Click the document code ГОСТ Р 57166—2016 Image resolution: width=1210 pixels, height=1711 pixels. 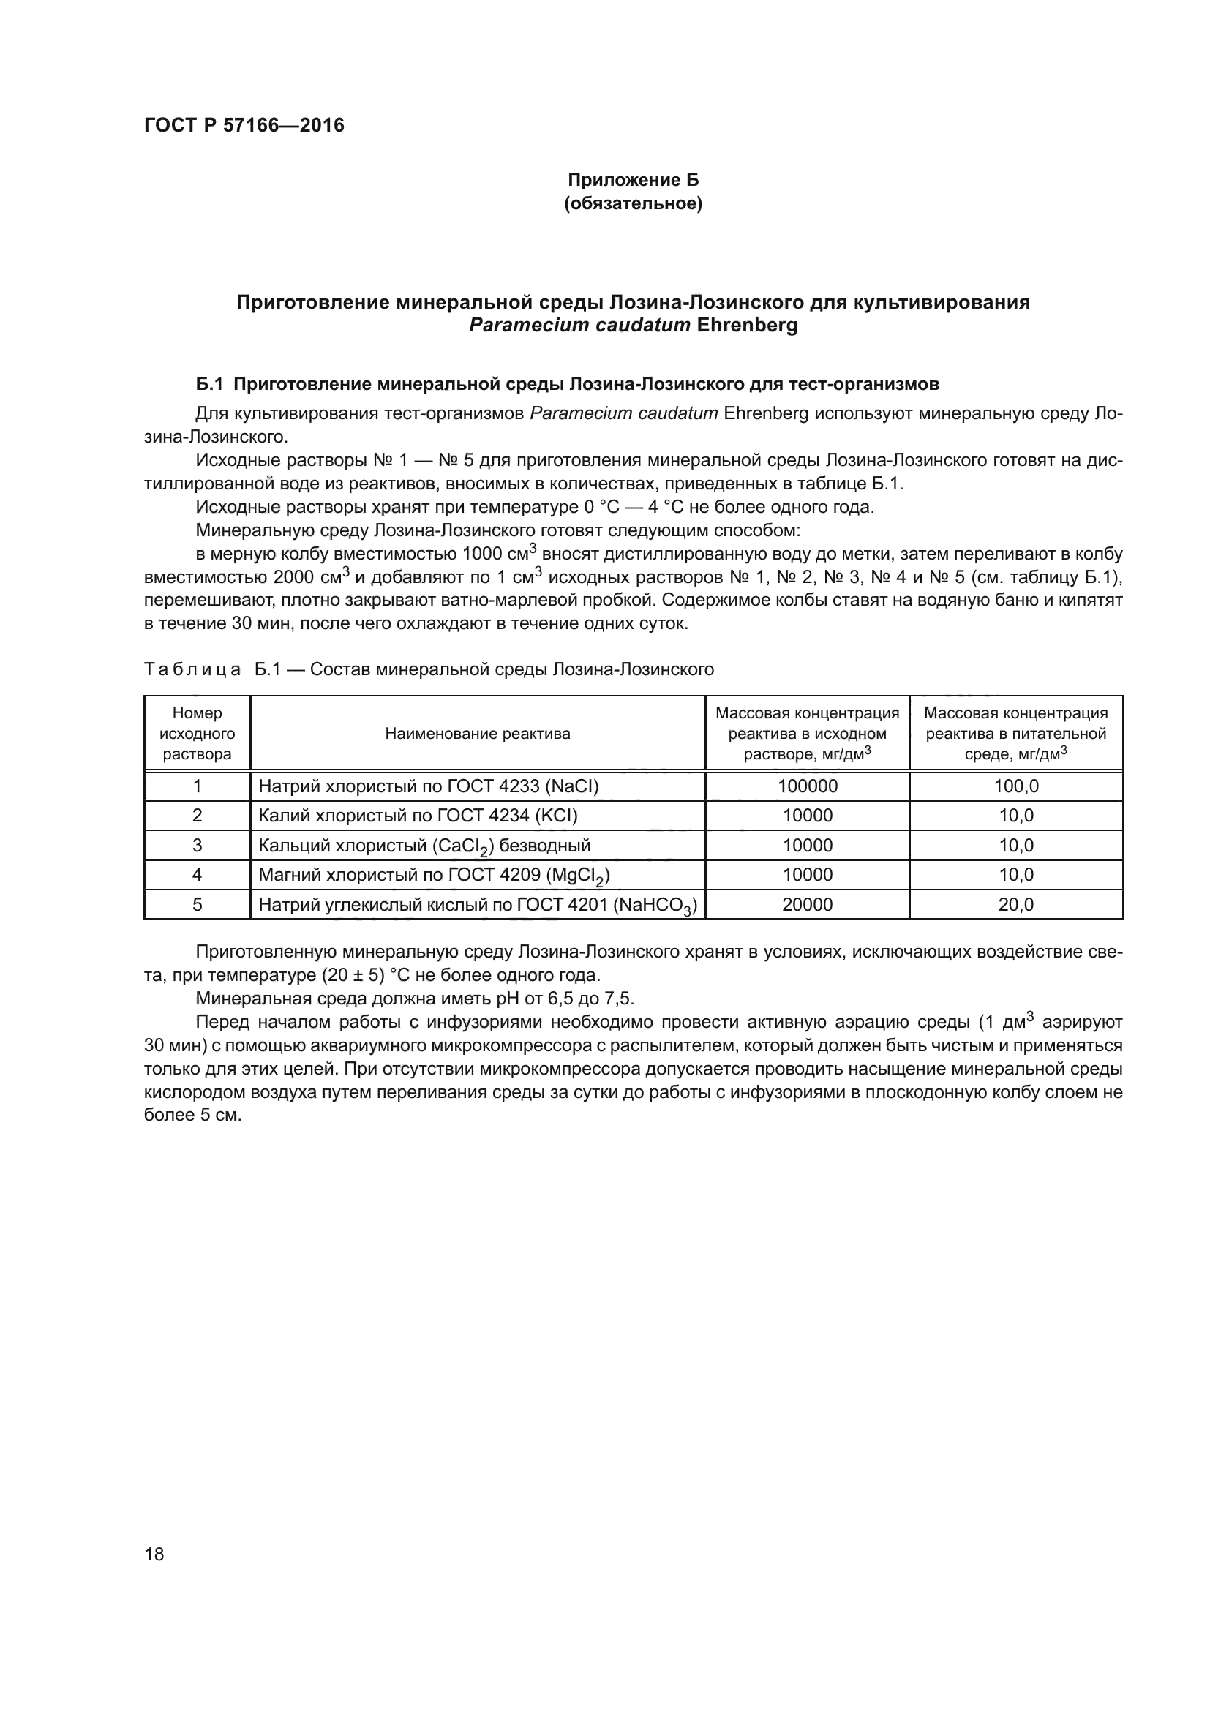(x=244, y=125)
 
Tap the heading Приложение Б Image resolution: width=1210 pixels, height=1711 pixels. (x=633, y=180)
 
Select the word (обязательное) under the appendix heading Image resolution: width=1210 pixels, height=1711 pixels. (x=633, y=203)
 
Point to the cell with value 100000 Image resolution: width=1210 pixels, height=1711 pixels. (x=807, y=786)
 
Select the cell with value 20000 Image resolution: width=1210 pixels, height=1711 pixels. (x=807, y=905)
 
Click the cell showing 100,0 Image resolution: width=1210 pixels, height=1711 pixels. (x=1015, y=786)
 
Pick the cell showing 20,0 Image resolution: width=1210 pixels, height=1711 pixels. (x=1015, y=905)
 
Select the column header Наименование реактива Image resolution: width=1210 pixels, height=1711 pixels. (x=477, y=733)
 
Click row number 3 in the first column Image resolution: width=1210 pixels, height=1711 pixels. (x=197, y=845)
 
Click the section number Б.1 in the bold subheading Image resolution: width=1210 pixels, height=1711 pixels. (x=209, y=385)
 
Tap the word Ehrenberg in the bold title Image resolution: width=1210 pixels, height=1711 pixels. (x=747, y=326)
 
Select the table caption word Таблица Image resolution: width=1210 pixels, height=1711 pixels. (x=192, y=669)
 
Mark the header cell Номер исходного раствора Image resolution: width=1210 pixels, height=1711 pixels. (x=197, y=733)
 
